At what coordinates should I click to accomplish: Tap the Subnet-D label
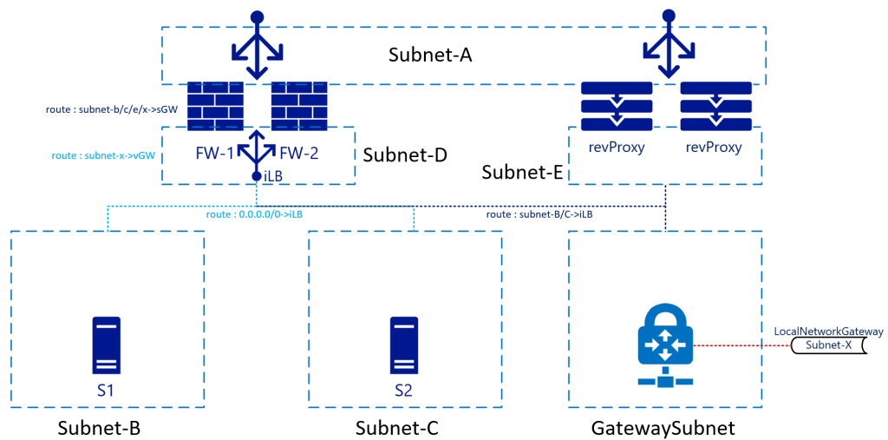tap(405, 155)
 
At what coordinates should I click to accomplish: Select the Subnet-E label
tap(522, 172)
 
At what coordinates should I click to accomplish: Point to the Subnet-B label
tap(100, 426)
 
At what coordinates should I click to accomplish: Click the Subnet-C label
tap(397, 426)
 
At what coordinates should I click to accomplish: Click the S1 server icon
tap(107, 345)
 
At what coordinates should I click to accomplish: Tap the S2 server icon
tap(404, 345)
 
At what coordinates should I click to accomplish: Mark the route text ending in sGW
tap(112, 109)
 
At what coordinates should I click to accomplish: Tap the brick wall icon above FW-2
tap(299, 106)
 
